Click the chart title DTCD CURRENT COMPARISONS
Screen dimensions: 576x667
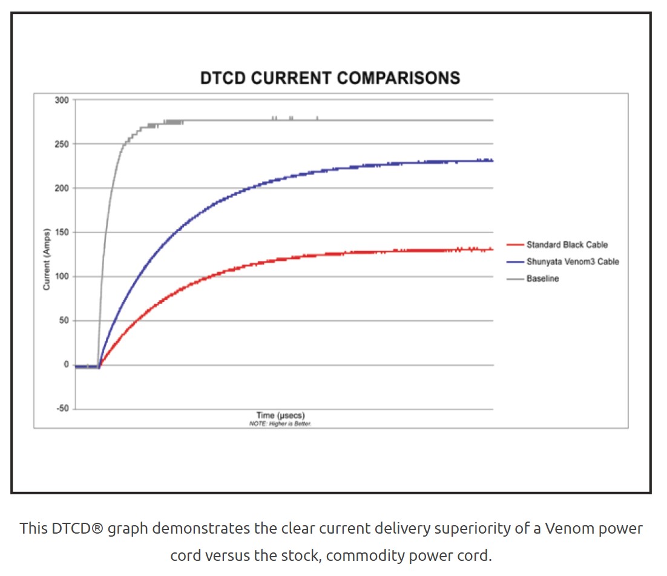(x=330, y=78)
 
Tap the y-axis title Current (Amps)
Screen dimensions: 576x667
(x=47, y=258)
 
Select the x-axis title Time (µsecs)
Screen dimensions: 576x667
(x=281, y=416)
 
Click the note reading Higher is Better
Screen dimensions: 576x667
(x=280, y=424)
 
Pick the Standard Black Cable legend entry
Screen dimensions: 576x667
(x=567, y=245)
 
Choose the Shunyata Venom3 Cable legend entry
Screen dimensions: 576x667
(x=572, y=262)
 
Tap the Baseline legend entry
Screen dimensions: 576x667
(x=542, y=279)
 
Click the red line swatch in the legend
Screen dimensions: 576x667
(x=515, y=245)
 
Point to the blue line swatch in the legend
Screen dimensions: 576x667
(x=515, y=262)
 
